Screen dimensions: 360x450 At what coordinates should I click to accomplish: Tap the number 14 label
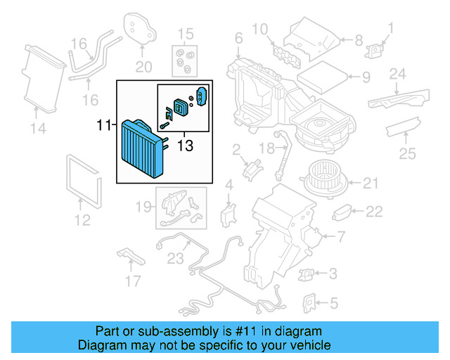coord(37,127)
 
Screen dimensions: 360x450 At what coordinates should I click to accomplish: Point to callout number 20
coord(143,67)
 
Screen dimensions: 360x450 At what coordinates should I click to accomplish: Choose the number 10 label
coord(259,30)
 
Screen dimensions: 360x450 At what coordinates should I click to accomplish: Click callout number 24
coord(398,74)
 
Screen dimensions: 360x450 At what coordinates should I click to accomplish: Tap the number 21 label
coord(371,184)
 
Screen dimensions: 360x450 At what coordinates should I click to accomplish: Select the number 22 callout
coord(374,210)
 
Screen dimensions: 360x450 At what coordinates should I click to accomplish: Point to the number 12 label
coord(82,221)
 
